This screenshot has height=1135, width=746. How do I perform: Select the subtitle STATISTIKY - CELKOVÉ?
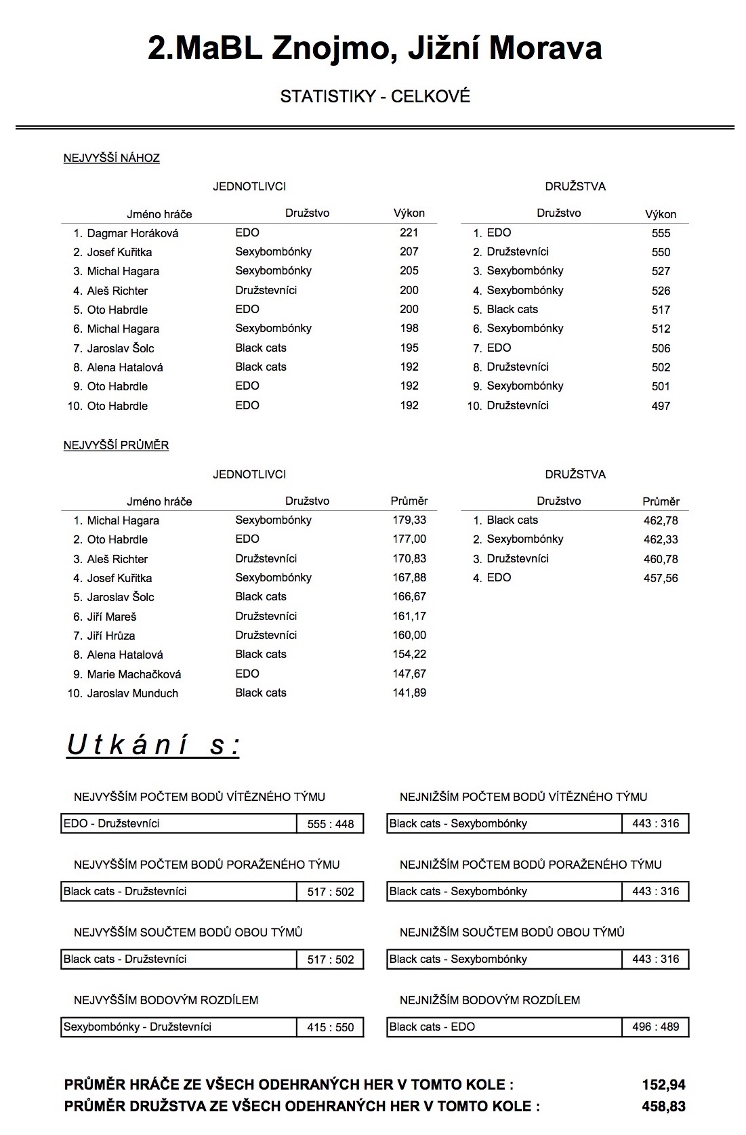[x=375, y=97]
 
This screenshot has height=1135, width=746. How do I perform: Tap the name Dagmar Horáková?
[x=132, y=233]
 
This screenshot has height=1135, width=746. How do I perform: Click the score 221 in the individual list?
[x=409, y=232]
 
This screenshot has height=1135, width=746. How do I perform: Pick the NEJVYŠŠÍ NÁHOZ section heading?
[x=112, y=158]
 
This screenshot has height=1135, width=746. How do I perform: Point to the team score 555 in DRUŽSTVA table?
[x=661, y=233]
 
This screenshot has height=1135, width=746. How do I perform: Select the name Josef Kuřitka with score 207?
[x=119, y=252]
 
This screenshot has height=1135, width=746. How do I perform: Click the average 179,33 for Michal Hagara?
[x=409, y=520]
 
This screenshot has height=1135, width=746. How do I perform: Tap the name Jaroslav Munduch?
[x=132, y=693]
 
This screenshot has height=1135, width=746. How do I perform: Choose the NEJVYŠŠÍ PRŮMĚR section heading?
[x=116, y=445]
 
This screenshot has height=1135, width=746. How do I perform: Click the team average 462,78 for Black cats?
[x=661, y=520]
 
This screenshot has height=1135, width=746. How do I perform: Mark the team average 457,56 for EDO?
[x=661, y=578]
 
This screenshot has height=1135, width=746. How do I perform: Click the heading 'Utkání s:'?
[x=153, y=745]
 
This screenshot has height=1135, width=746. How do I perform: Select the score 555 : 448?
[x=331, y=824]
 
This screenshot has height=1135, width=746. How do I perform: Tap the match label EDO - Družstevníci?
[x=112, y=823]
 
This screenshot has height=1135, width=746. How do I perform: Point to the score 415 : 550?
[x=331, y=1027]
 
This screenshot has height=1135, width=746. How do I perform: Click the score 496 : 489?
[x=655, y=1027]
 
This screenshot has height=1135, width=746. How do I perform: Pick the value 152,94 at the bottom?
[x=663, y=1085]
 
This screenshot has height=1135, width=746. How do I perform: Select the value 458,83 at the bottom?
[x=663, y=1107]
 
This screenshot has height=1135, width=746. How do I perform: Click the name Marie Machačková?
[x=133, y=674]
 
